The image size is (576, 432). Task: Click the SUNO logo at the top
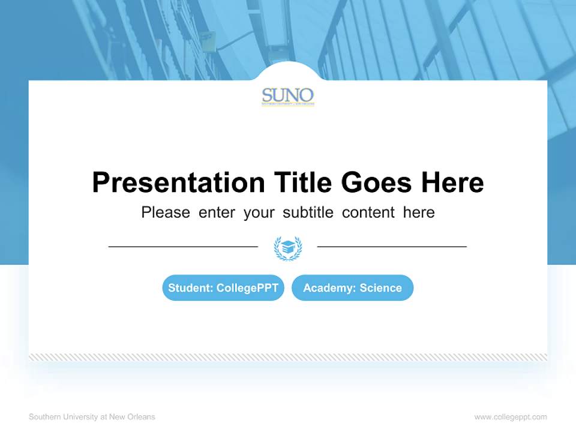(x=288, y=97)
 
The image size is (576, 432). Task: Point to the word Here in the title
(x=452, y=182)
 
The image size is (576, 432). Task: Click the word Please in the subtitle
(x=166, y=212)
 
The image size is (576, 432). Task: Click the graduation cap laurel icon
(x=288, y=248)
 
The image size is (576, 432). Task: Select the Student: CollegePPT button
(x=223, y=288)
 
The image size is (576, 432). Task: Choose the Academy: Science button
(x=352, y=288)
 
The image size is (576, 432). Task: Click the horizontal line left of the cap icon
(x=183, y=247)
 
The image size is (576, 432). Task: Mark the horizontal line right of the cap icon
(x=392, y=247)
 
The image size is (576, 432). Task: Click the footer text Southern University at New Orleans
(x=92, y=417)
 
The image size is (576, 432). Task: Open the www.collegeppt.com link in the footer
(x=511, y=417)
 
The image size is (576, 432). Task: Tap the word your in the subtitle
(x=259, y=212)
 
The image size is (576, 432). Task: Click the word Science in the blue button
(x=380, y=288)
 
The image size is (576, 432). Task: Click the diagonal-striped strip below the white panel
(x=288, y=357)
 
